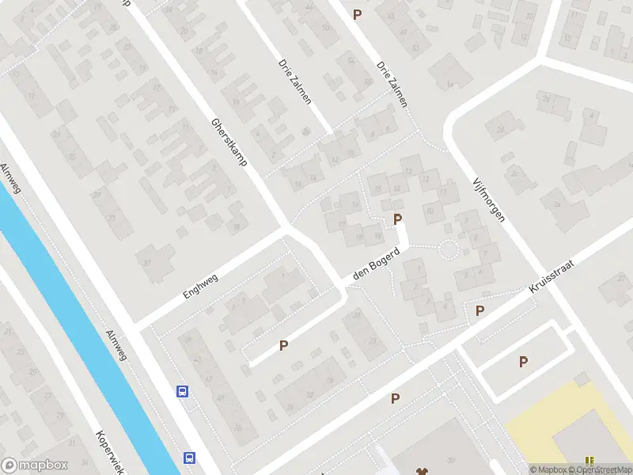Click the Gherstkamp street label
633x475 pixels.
[x=229, y=142]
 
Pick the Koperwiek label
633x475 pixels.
[x=110, y=453]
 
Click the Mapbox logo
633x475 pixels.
[x=35, y=465]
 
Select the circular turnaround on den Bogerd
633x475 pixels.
[x=449, y=250]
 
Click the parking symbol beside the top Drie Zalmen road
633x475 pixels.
[x=358, y=14]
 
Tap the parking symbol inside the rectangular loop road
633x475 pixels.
[x=523, y=362]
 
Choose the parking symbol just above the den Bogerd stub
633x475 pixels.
[x=398, y=218]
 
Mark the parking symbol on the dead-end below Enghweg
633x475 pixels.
[x=283, y=345]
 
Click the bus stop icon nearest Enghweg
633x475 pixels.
[x=182, y=391]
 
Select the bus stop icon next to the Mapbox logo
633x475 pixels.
[x=189, y=458]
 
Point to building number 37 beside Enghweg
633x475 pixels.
[x=146, y=262]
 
